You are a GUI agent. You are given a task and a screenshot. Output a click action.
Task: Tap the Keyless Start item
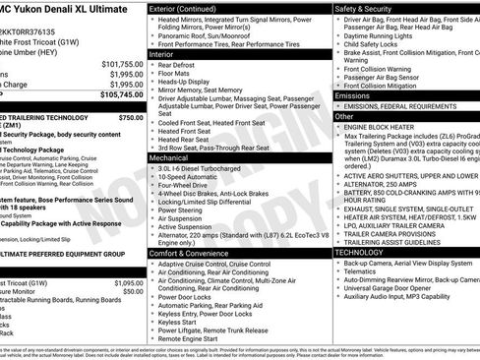coord(183,321)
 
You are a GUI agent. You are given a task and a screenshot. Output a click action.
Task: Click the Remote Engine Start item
coord(194,338)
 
